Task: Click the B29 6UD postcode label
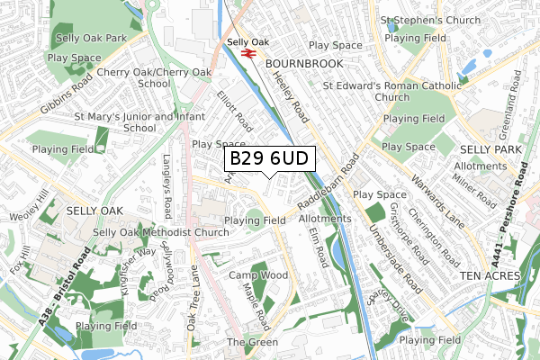point(269,159)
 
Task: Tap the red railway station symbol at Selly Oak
point(249,53)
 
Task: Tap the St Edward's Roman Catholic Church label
point(391,91)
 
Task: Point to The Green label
point(247,343)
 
